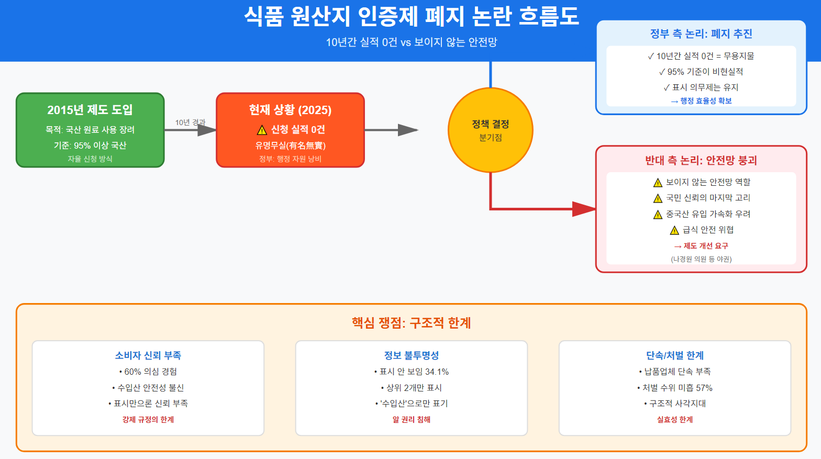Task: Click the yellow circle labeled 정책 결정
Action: pyautogui.click(x=490, y=130)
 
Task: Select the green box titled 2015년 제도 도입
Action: pyautogui.click(x=90, y=130)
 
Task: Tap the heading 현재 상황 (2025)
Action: pyautogui.click(x=290, y=110)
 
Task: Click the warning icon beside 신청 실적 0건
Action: pyautogui.click(x=262, y=130)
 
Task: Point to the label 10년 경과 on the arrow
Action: pyautogui.click(x=190, y=122)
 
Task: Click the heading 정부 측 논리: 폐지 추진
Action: pyautogui.click(x=701, y=33)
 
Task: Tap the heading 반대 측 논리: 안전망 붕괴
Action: pyautogui.click(x=701, y=160)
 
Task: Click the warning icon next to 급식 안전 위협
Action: pyautogui.click(x=675, y=230)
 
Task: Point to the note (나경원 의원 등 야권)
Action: pyautogui.click(x=701, y=259)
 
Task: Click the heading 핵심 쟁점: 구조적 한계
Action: pyautogui.click(x=411, y=322)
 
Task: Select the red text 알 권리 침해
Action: pyautogui.click(x=411, y=419)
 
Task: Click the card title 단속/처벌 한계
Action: pyautogui.click(x=674, y=355)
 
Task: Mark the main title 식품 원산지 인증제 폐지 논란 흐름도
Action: pyautogui.click(x=411, y=16)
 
